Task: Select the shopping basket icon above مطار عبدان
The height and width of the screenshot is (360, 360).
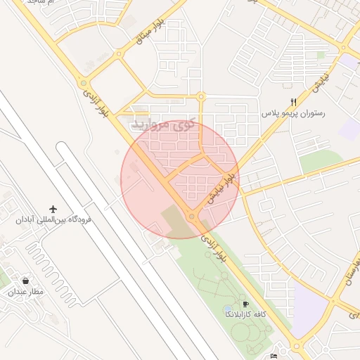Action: click(26, 280)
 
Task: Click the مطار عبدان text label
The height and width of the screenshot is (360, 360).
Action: click(26, 291)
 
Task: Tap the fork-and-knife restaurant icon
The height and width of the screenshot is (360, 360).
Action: click(294, 102)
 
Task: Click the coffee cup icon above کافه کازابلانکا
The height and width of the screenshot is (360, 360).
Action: click(245, 304)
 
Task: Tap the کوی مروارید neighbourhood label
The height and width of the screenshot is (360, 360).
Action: click(162, 125)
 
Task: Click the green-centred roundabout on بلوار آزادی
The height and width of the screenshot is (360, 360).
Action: click(84, 82)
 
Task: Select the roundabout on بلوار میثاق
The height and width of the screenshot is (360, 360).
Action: click(120, 53)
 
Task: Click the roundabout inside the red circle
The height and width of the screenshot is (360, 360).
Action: click(192, 217)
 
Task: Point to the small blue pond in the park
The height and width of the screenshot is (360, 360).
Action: click(228, 309)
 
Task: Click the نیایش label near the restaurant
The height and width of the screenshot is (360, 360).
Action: click(321, 85)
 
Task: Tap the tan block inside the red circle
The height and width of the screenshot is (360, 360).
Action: click(176, 221)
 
